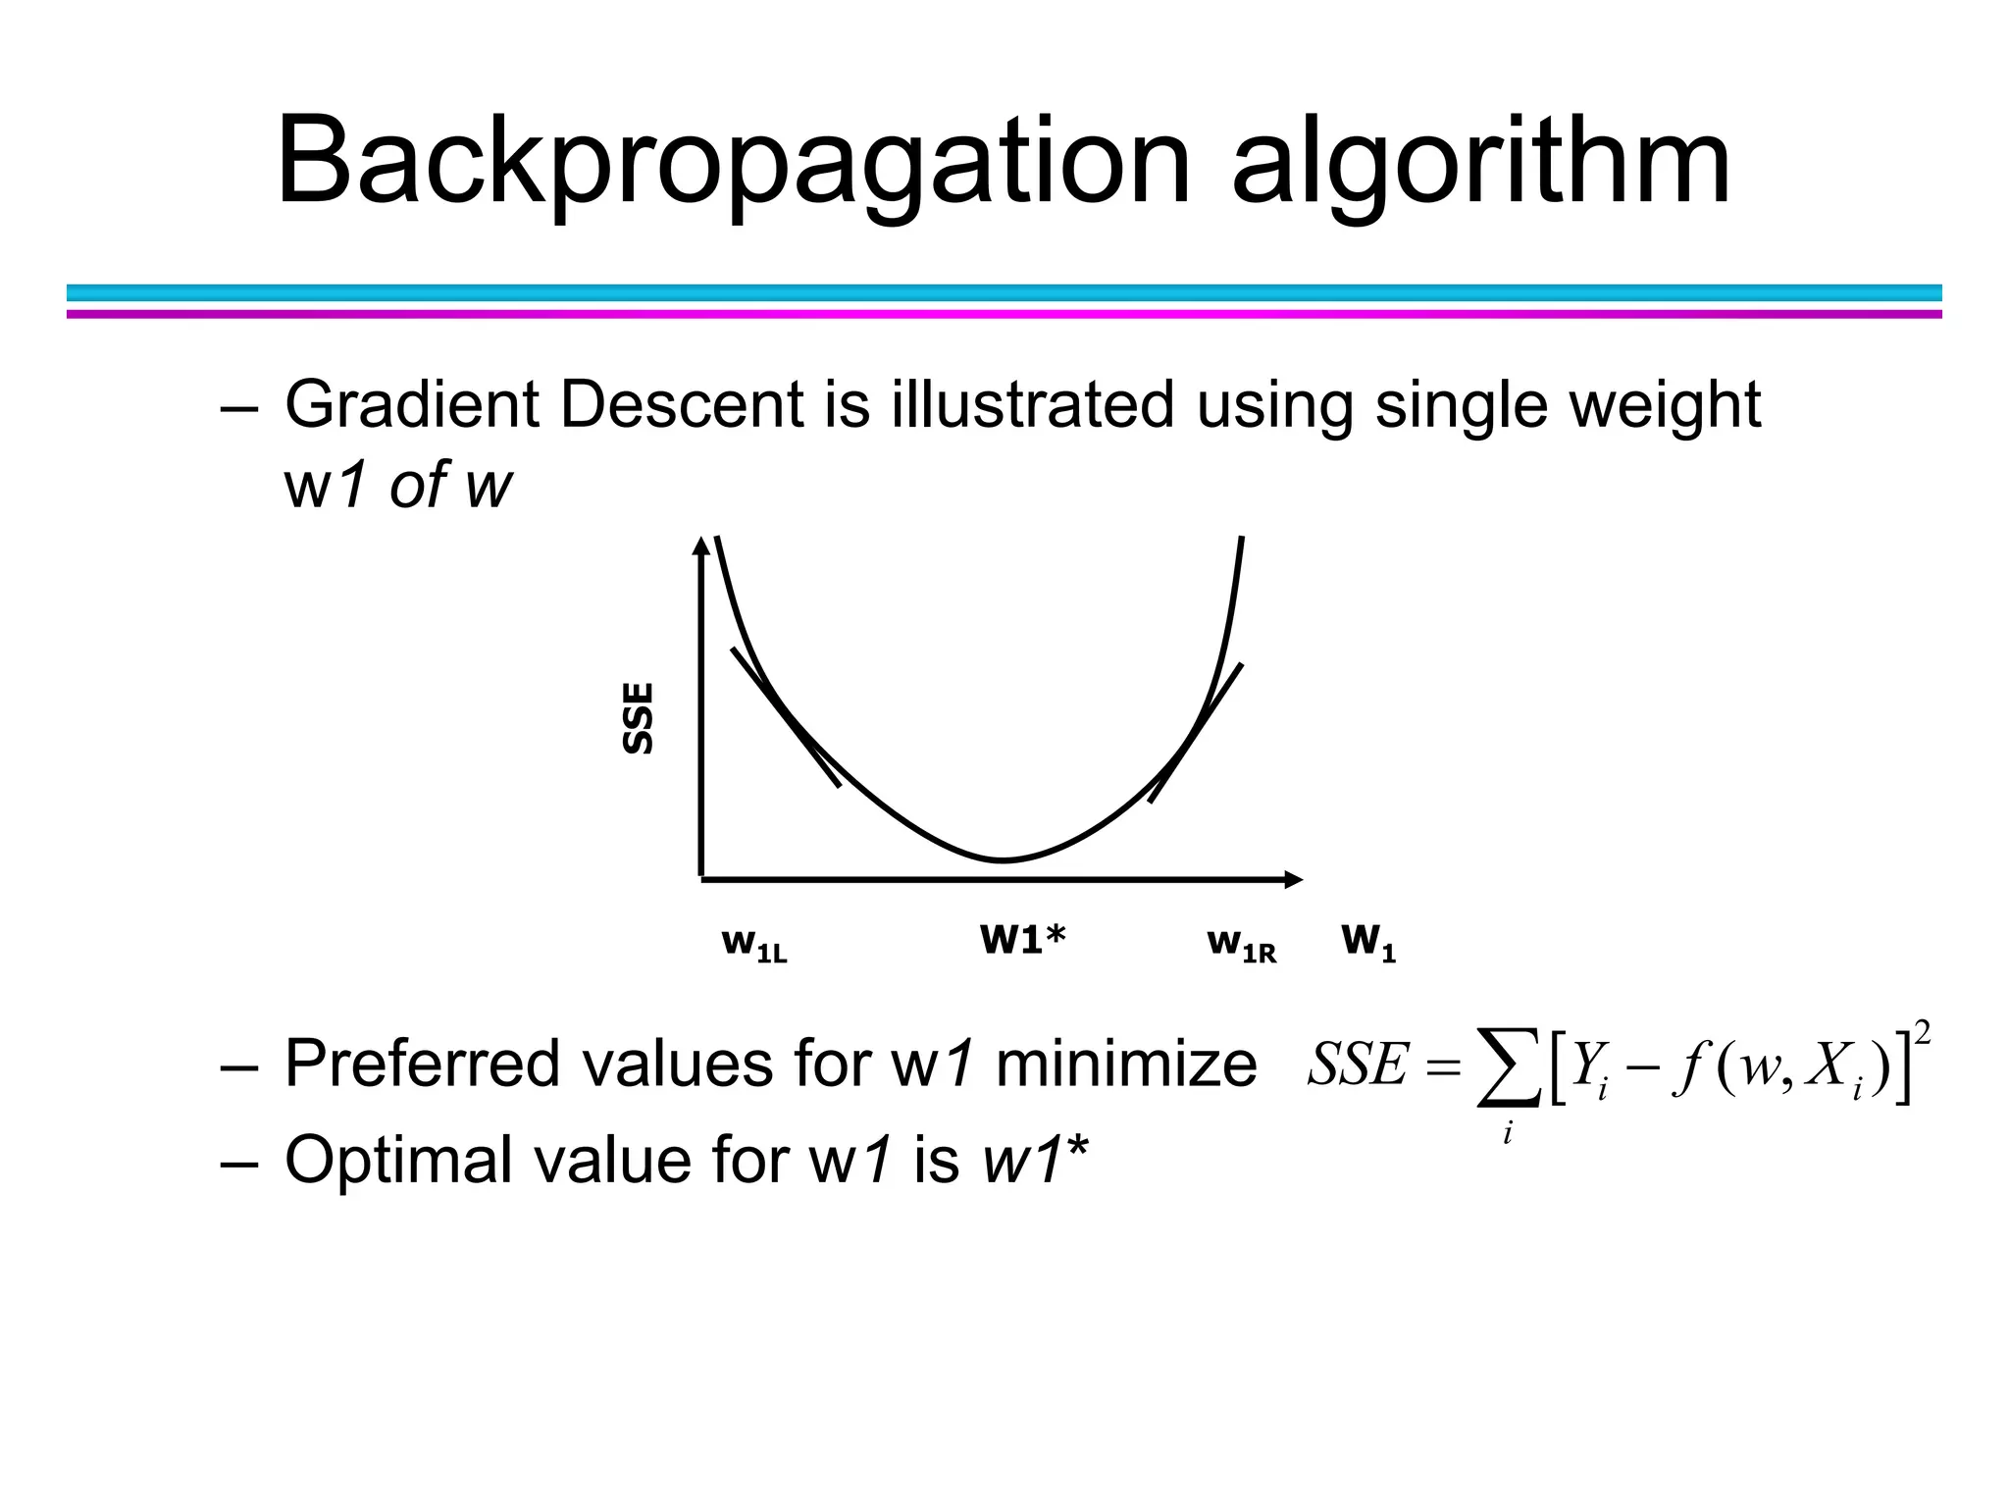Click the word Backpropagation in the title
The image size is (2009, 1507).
(x=731, y=162)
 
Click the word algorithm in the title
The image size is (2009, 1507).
(x=1481, y=162)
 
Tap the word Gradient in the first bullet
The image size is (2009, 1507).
(x=411, y=404)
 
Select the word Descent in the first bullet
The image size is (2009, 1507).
(x=682, y=404)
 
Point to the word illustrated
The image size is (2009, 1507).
(x=1032, y=404)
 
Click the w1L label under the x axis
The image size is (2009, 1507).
(x=753, y=944)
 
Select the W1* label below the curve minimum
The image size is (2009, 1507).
(x=1022, y=939)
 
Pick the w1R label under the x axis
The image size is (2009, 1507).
(x=1241, y=944)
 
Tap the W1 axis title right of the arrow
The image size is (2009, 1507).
(x=1367, y=942)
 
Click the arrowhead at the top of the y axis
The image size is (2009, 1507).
(x=700, y=546)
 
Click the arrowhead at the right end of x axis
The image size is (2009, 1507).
(x=1294, y=879)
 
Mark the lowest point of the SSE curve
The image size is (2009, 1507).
(x=1004, y=860)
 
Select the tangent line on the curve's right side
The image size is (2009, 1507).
(x=1197, y=731)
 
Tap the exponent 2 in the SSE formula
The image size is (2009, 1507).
(x=1923, y=1033)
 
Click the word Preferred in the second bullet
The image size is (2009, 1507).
(x=421, y=1063)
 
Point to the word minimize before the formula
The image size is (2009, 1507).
(x=1125, y=1063)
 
